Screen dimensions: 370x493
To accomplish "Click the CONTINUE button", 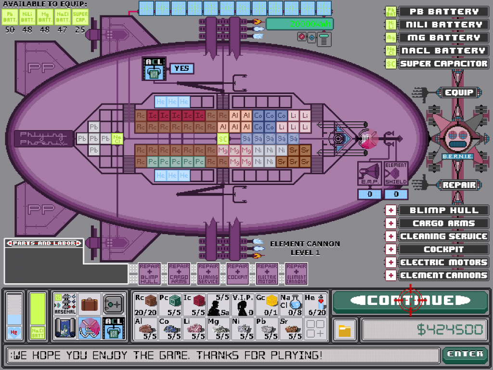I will point(410,300).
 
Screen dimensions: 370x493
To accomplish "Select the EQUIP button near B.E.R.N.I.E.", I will point(458,92).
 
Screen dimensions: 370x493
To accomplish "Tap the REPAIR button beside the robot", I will point(458,185).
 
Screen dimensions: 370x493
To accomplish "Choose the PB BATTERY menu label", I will point(443,12).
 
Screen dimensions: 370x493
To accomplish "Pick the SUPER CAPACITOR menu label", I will point(443,64).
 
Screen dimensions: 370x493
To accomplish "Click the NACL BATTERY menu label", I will point(443,51).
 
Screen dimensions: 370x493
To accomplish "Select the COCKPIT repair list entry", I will point(443,250).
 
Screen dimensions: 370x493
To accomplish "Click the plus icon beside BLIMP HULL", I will point(391,211).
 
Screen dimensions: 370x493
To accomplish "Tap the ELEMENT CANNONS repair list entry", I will point(443,276).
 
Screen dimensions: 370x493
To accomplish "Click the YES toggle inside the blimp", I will point(182,68).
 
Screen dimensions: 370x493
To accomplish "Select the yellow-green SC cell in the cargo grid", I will point(222,139).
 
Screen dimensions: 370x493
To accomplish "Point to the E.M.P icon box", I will point(369,173).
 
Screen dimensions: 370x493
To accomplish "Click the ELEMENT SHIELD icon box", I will point(396,173).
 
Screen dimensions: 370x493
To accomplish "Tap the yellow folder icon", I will point(345,330).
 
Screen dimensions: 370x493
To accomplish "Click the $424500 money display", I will point(424,330).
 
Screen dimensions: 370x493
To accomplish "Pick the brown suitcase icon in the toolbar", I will point(90,304).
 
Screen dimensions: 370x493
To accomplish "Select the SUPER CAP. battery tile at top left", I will point(80,17).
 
